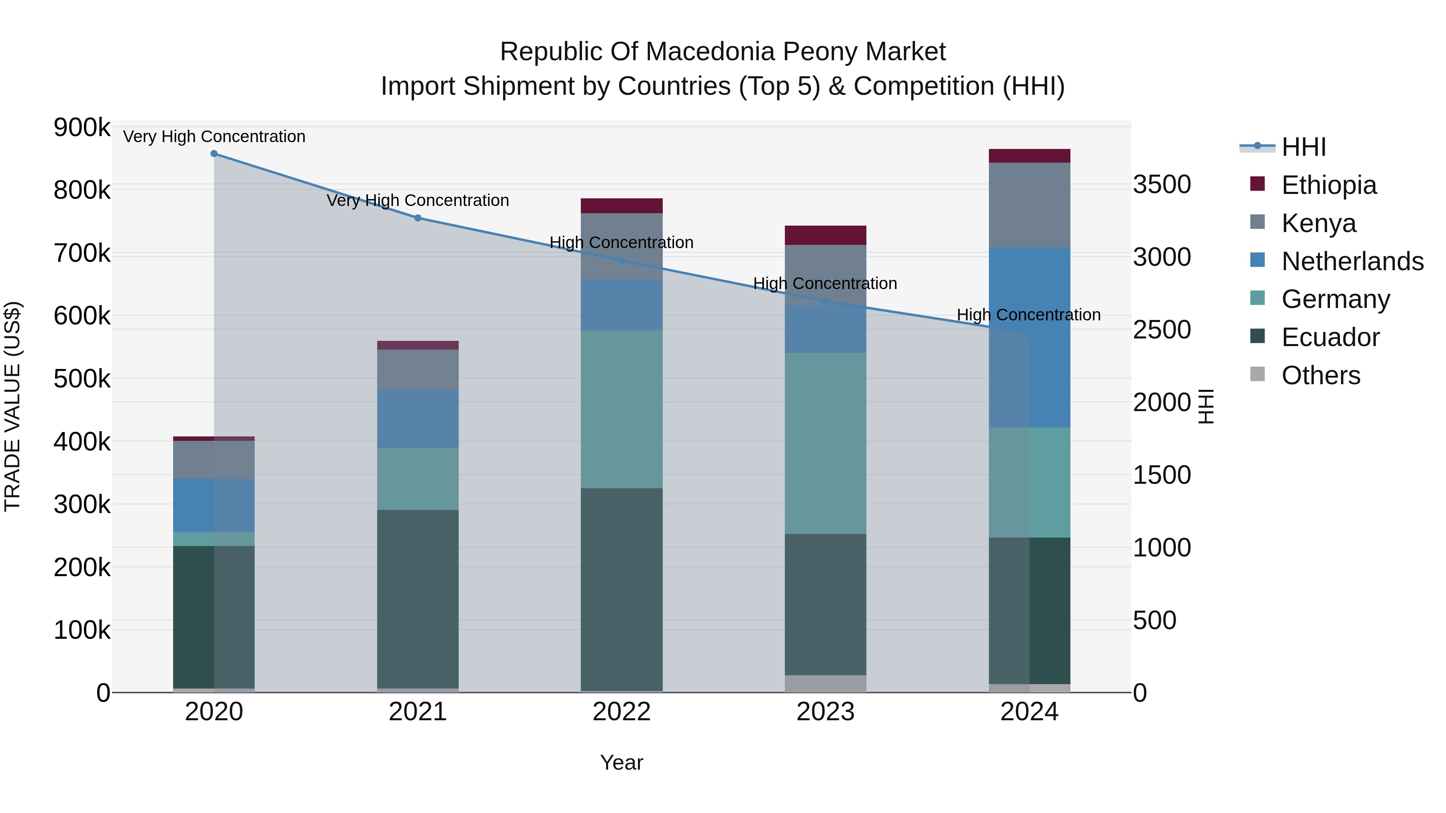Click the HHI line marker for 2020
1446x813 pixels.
[214, 154]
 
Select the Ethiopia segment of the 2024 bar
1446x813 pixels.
[1029, 156]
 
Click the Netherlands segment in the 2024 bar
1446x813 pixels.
[1029, 337]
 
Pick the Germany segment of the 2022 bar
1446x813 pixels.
[621, 409]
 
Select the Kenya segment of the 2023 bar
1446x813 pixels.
[825, 275]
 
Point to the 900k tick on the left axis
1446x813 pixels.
[82, 128]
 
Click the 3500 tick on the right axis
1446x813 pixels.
[1161, 185]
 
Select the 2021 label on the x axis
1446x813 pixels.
[418, 712]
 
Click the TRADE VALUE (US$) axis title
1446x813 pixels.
[12, 406]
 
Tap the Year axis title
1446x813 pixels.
[621, 762]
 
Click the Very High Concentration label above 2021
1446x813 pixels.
[418, 200]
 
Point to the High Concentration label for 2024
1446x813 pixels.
[1028, 315]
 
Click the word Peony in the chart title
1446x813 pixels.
[820, 52]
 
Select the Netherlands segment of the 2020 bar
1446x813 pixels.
[214, 505]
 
